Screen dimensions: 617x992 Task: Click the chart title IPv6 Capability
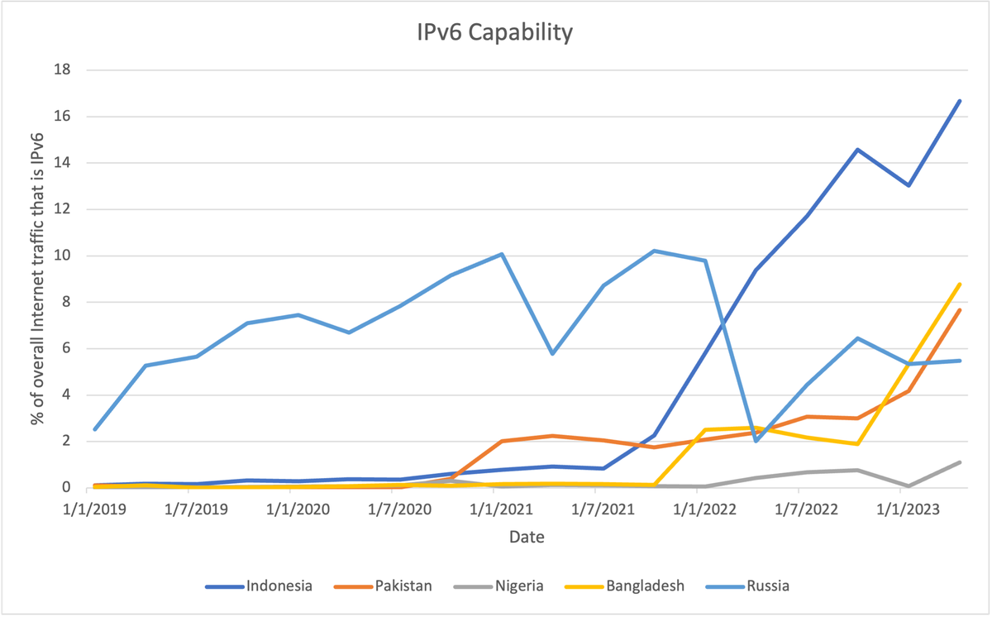tap(495, 33)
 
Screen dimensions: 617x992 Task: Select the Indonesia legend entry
tap(279, 586)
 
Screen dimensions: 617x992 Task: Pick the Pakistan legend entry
tap(402, 586)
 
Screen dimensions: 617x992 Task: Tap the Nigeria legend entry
tap(519, 586)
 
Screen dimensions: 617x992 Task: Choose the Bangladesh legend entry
tap(645, 586)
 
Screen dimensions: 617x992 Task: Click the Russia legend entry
tap(767, 586)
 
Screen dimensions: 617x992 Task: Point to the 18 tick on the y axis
tap(63, 70)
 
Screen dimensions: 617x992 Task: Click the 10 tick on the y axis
tap(63, 256)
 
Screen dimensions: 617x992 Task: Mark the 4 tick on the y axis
tap(66, 395)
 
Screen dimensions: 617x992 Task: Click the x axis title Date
tap(527, 538)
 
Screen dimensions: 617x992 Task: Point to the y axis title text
tap(37, 279)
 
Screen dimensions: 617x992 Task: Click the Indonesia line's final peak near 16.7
tap(959, 101)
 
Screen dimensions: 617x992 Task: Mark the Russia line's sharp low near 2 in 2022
tap(756, 441)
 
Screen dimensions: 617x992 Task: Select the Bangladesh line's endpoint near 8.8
tap(959, 285)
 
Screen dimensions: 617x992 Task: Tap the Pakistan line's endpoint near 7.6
tap(959, 310)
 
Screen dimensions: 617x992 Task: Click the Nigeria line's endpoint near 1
tap(959, 462)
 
